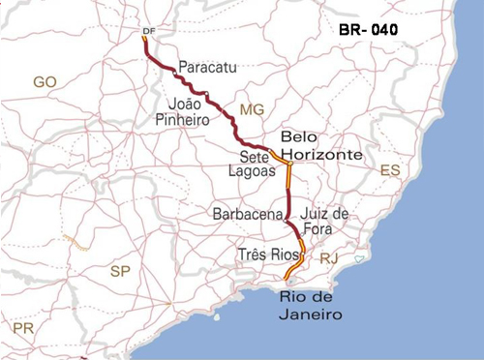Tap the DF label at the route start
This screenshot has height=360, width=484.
click(148, 31)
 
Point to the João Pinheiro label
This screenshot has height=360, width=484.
click(178, 110)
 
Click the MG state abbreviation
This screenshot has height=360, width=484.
click(252, 109)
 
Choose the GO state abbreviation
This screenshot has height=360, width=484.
click(45, 82)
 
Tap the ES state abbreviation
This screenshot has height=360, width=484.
click(389, 170)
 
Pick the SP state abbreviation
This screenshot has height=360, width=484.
click(120, 270)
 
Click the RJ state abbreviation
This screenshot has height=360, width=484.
click(329, 258)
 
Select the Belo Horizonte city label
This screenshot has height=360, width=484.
click(319, 146)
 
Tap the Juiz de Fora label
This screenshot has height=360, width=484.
click(325, 221)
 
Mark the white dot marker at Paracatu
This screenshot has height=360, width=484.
click(174, 74)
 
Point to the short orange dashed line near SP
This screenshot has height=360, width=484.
click(75, 243)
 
